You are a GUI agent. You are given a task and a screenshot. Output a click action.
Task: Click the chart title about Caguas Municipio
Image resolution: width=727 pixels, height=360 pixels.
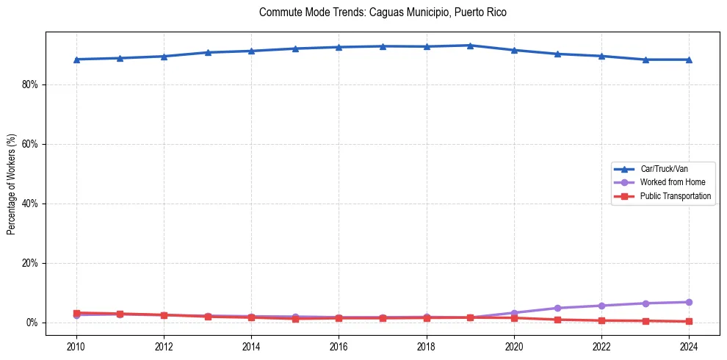coord(383,12)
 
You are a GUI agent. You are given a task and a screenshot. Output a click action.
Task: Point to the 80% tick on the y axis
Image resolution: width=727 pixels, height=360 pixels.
coord(30,84)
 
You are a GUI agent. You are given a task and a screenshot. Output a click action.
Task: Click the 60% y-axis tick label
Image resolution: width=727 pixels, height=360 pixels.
coord(30,144)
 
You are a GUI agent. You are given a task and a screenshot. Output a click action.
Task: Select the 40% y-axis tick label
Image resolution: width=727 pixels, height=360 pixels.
coord(30,204)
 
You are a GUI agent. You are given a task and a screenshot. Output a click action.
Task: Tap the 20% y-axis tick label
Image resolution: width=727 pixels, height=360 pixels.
coord(30,263)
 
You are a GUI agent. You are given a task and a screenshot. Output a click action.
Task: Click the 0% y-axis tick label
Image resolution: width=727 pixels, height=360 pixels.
coord(32,323)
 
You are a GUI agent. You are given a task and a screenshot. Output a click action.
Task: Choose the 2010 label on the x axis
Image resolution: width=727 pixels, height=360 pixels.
coord(76,345)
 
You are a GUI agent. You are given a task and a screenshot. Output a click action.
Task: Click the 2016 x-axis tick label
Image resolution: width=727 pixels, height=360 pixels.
coord(339,345)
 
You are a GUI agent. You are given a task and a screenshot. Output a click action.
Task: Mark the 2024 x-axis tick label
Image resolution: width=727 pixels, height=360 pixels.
coord(689,345)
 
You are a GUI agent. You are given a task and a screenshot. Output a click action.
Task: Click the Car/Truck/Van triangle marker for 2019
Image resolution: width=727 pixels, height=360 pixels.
coord(470,46)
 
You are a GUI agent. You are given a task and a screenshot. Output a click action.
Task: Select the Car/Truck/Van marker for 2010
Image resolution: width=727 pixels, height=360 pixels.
coord(76,60)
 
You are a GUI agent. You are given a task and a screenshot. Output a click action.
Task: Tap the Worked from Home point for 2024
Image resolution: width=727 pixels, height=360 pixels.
coord(689,302)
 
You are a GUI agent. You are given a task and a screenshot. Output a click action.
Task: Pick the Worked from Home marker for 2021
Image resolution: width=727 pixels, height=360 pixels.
coord(557,308)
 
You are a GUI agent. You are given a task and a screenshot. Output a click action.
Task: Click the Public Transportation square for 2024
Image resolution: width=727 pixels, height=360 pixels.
coord(689,321)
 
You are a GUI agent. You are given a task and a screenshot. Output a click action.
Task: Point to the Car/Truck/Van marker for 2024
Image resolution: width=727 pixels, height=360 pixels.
coord(689,60)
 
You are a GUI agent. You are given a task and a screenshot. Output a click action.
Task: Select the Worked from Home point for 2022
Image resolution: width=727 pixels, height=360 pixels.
coord(601,306)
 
